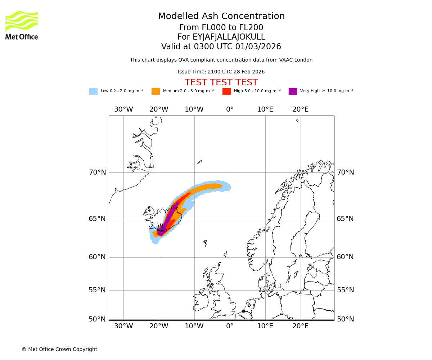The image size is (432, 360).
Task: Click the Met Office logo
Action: click(22, 25)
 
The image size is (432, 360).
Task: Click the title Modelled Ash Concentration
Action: click(221, 16)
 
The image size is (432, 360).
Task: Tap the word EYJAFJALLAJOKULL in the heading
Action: click(229, 37)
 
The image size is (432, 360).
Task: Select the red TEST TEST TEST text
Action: click(221, 82)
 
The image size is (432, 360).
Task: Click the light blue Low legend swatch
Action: click(93, 91)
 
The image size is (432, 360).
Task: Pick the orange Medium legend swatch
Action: click(156, 91)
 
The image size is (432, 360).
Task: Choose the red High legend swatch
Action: click(226, 91)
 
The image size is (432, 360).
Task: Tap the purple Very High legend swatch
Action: click(293, 91)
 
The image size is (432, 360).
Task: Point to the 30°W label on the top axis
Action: click(123, 109)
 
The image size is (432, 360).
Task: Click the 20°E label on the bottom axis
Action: click(301, 326)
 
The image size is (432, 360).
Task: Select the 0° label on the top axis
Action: click(230, 109)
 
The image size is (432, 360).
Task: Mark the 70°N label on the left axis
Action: click(98, 172)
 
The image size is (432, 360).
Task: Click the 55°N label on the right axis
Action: click(345, 290)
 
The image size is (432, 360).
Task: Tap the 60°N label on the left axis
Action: click(98, 257)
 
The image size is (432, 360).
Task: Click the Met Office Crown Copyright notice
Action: click(59, 349)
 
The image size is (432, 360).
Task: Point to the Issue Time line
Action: click(221, 72)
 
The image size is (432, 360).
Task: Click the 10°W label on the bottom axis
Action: click(194, 326)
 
